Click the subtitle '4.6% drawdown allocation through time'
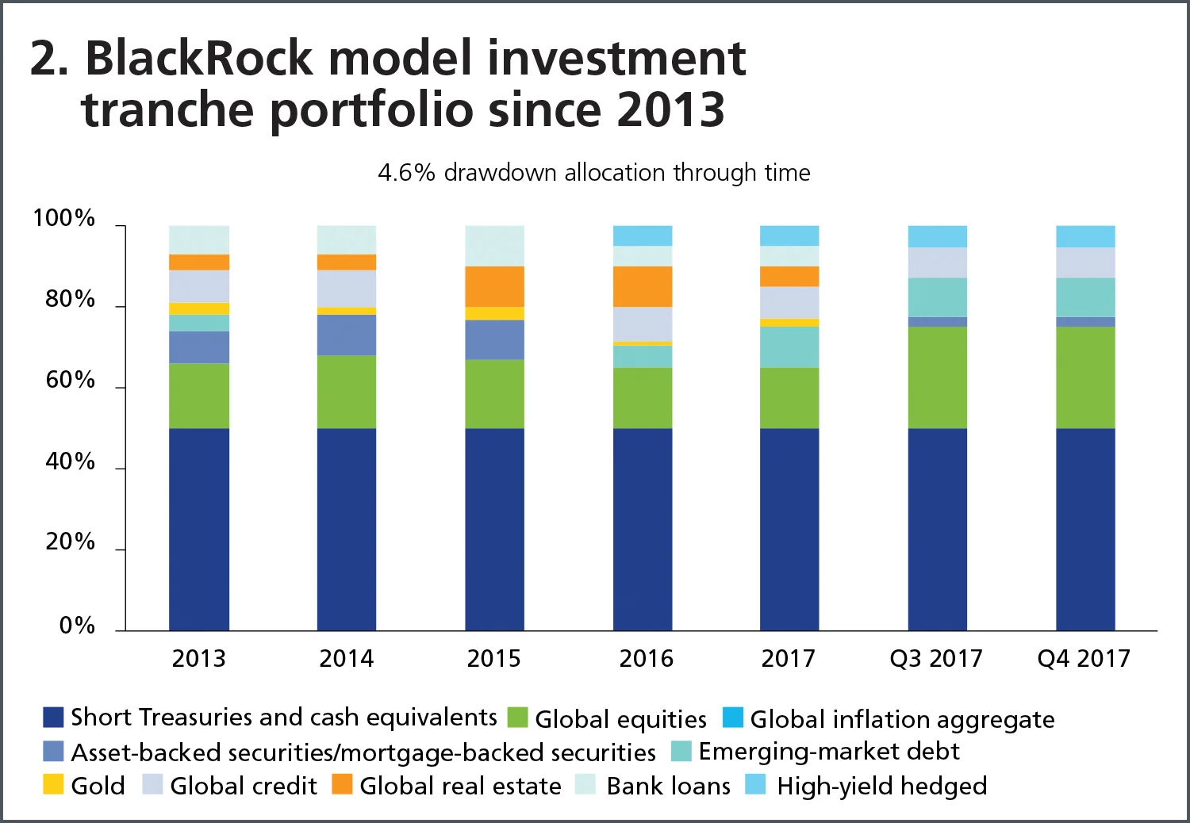pos(594,172)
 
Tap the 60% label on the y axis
pos(70,381)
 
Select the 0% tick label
pos(77,626)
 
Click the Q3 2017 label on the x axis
pos(935,658)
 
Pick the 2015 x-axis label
pos(493,658)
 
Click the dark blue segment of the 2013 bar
pos(199,529)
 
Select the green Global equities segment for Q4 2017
pos(1085,377)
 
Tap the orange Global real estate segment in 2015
pos(494,286)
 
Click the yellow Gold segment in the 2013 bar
pos(199,308)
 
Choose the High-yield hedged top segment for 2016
pos(643,235)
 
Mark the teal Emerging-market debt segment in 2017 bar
pos(789,346)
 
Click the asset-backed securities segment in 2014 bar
pos(347,335)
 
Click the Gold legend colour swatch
pos(53,785)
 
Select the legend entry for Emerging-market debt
pos(828,751)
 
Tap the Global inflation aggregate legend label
pos(902,719)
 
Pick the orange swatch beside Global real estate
pos(342,785)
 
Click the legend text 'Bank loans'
pos(668,786)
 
